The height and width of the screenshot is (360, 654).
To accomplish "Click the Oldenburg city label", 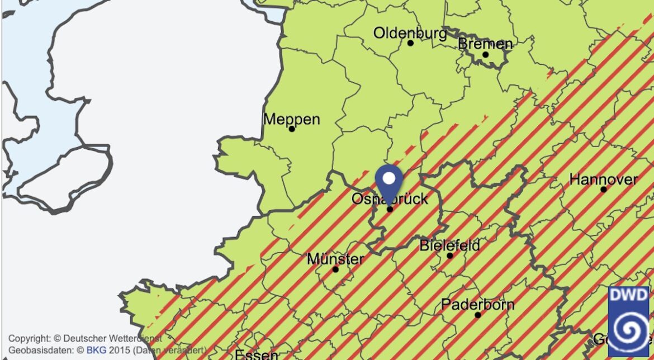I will coord(410,33).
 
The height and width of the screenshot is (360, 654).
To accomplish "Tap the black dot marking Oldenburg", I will coord(410,43).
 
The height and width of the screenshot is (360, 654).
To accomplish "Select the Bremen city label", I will coord(485,44).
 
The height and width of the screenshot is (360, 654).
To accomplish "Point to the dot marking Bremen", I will coord(485,54).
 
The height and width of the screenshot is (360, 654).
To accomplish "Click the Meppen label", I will coord(291,119).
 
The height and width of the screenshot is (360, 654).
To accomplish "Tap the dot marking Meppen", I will coord(291,129).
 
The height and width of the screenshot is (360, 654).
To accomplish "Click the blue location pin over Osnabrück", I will coord(390,182).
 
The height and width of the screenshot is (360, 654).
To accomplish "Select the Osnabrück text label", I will coord(390,198).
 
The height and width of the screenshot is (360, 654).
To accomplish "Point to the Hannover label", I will coord(603,179).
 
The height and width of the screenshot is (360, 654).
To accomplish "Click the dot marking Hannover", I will coord(604,190).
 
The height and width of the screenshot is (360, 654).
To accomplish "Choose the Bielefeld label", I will coord(449,245).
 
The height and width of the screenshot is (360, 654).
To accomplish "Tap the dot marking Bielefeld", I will coord(450,255).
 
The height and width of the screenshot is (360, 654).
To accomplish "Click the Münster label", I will coord(335,259).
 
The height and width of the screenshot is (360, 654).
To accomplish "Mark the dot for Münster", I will coord(335,269).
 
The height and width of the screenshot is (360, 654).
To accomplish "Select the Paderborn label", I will coord(477,305).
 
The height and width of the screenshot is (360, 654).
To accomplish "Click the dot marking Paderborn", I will coord(478,315).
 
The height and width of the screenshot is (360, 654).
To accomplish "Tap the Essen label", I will coord(257,354).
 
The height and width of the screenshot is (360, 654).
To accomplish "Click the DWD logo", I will coord(628,321).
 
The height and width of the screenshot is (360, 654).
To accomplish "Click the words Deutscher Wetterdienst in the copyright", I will coord(112,339).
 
